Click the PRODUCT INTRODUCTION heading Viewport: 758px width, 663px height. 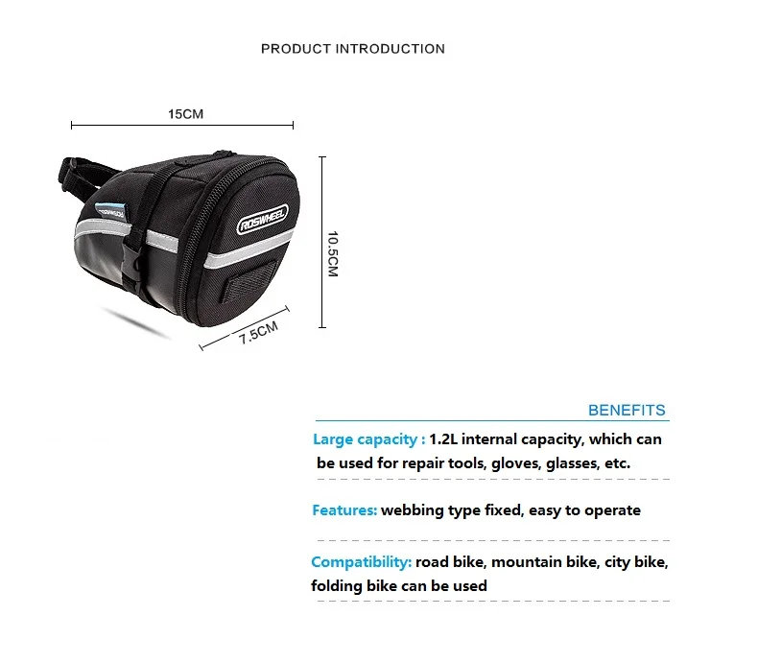point(352,49)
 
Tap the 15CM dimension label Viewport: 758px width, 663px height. point(186,113)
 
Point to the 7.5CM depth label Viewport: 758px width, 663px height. point(258,335)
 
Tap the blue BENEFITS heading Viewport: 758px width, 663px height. point(626,411)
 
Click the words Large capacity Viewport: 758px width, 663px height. point(364,439)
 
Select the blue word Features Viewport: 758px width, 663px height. point(343,510)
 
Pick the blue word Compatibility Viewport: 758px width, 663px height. point(361,562)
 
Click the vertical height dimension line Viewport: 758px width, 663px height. point(322,240)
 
